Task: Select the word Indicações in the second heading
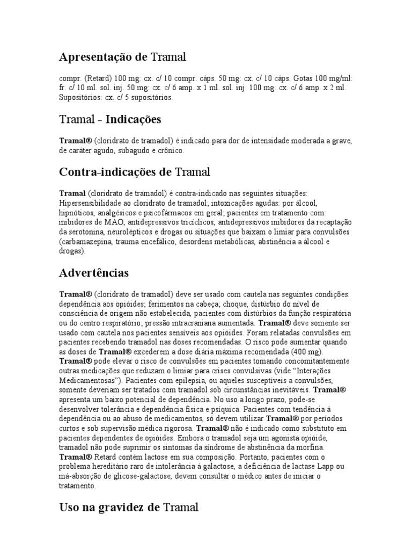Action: pos(134,119)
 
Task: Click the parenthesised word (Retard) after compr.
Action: pos(95,79)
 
